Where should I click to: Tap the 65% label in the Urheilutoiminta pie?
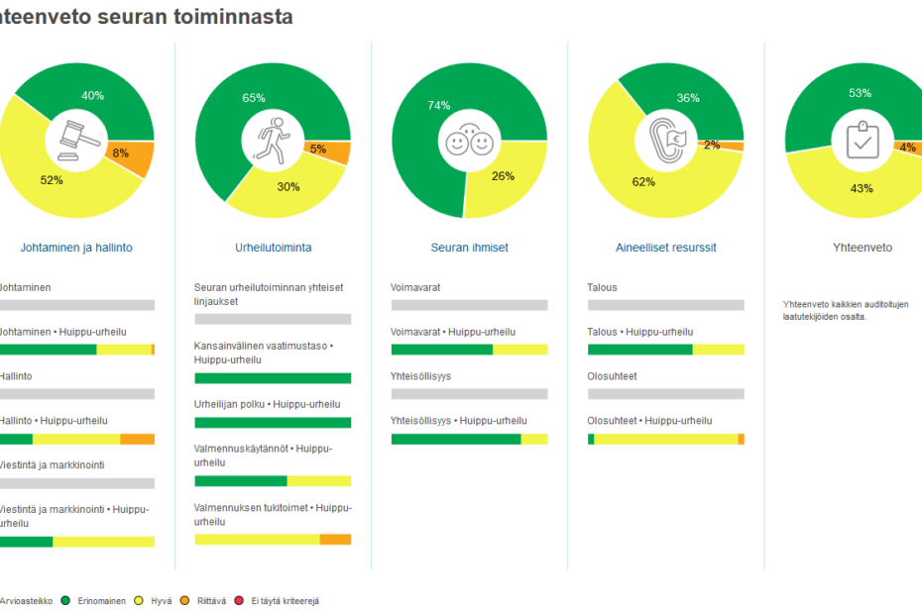point(254,98)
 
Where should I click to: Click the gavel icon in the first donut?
point(76,141)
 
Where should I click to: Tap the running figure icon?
point(273,140)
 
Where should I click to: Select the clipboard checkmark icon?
point(862,140)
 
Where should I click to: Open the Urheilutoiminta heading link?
point(273,248)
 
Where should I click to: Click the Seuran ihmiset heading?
point(469,248)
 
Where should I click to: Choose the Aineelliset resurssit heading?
point(665,248)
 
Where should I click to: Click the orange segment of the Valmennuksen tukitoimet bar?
point(335,540)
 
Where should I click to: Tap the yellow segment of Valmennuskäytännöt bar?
point(318,481)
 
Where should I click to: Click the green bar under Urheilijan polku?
point(273,423)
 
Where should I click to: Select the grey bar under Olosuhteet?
point(665,393)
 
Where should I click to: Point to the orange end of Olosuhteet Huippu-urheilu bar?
point(741,439)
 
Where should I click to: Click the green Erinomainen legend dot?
point(65,600)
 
